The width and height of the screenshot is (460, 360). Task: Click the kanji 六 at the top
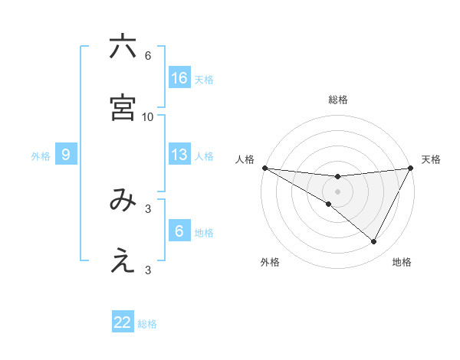coord(123,47)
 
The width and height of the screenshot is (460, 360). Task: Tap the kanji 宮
coord(123,107)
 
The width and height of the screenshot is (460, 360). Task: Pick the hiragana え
coord(123,262)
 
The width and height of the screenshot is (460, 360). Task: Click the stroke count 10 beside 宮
coord(148,117)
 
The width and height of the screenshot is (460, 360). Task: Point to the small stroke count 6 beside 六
coord(148,56)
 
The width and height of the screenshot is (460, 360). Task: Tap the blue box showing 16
coord(179,78)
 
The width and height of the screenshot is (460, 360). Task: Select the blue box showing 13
coord(179,155)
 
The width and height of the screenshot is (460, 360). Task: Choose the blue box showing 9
coord(66,155)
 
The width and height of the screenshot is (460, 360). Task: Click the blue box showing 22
coord(123,322)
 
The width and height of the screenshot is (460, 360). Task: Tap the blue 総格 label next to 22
coord(147,324)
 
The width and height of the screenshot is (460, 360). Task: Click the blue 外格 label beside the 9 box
coord(41,156)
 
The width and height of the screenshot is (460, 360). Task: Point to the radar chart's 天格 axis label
coord(431,159)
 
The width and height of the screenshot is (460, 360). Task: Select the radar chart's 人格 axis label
coord(245,159)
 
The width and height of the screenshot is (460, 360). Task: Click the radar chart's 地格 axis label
coord(402,262)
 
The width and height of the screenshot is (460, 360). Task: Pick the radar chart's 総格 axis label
coord(337,100)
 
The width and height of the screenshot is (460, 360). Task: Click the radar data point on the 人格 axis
coord(264,167)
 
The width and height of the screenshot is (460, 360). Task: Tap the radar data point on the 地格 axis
coord(374,241)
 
